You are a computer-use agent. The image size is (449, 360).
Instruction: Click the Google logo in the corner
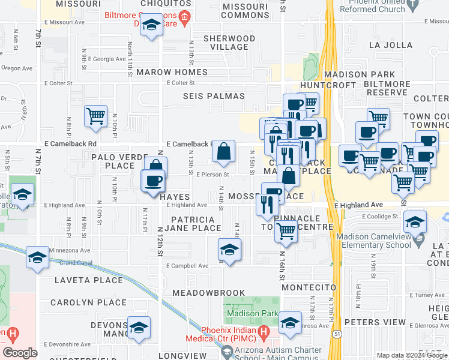click(x=20, y=352)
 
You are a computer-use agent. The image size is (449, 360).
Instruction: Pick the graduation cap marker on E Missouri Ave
click(x=152, y=25)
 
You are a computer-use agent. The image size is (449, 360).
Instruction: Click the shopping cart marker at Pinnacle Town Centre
click(x=286, y=230)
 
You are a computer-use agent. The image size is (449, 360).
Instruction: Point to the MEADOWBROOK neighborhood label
click(x=208, y=293)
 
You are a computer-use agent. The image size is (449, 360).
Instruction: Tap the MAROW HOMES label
click(x=172, y=72)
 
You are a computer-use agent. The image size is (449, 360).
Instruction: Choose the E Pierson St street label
click(x=212, y=175)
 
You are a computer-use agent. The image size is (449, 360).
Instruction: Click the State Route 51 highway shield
click(x=338, y=334)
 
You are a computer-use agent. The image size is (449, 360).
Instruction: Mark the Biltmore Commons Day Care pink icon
click(x=185, y=14)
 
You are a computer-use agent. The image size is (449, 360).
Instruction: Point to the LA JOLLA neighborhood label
click(x=391, y=45)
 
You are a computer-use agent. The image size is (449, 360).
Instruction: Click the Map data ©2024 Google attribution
click(x=411, y=355)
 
